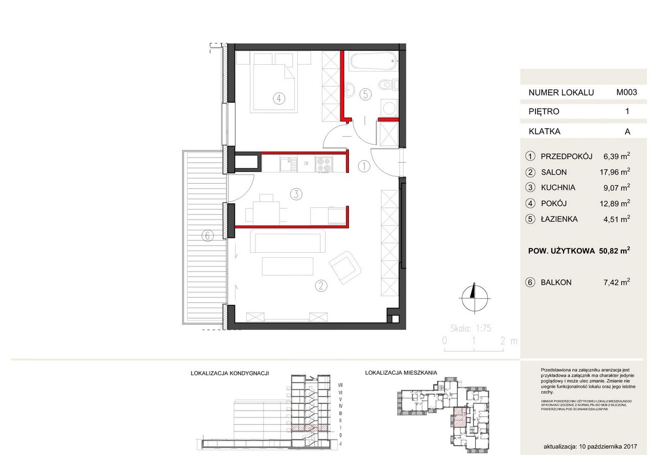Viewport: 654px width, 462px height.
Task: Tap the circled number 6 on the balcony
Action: click(207, 235)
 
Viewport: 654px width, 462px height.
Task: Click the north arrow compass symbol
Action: click(474, 297)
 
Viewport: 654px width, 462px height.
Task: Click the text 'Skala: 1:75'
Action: click(471, 329)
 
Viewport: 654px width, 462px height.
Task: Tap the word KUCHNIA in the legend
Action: click(558, 187)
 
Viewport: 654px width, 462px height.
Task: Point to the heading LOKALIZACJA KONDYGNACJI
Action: click(229, 373)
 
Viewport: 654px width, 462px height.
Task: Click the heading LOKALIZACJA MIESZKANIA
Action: click(401, 373)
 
